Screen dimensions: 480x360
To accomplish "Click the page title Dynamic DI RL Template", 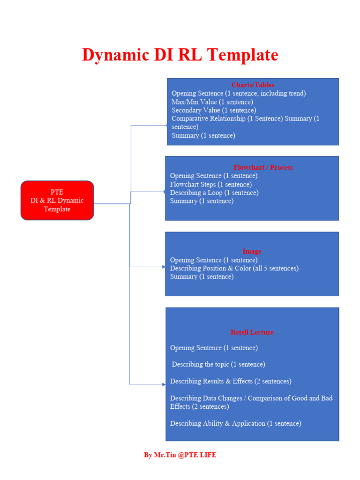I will [x=180, y=55].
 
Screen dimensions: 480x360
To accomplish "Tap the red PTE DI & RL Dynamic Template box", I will [x=57, y=201].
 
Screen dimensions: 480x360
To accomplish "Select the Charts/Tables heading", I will [x=253, y=85].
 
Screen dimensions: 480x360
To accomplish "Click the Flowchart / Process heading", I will [x=263, y=167].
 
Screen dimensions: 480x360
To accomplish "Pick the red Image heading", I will [x=252, y=251].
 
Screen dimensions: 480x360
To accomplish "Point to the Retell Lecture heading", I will [x=252, y=332].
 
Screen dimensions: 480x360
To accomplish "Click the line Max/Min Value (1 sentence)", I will [x=212, y=102].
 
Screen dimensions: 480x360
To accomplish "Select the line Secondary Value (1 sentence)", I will [x=214, y=110].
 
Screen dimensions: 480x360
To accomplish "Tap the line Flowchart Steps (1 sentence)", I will [x=211, y=184].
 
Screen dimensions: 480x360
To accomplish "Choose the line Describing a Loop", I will [x=214, y=193].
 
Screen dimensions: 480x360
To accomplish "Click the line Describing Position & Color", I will [x=234, y=268].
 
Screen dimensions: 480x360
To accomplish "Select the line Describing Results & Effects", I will [x=231, y=381].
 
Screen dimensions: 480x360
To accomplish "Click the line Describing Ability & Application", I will [x=235, y=423].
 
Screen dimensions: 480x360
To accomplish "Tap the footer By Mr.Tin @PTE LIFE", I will [x=180, y=455].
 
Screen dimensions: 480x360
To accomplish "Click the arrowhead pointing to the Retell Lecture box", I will [x=164, y=384].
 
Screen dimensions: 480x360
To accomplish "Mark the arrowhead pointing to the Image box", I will [x=164, y=267].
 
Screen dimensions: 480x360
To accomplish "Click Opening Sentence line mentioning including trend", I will [x=239, y=93].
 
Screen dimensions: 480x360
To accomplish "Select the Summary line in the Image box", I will [x=202, y=277].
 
